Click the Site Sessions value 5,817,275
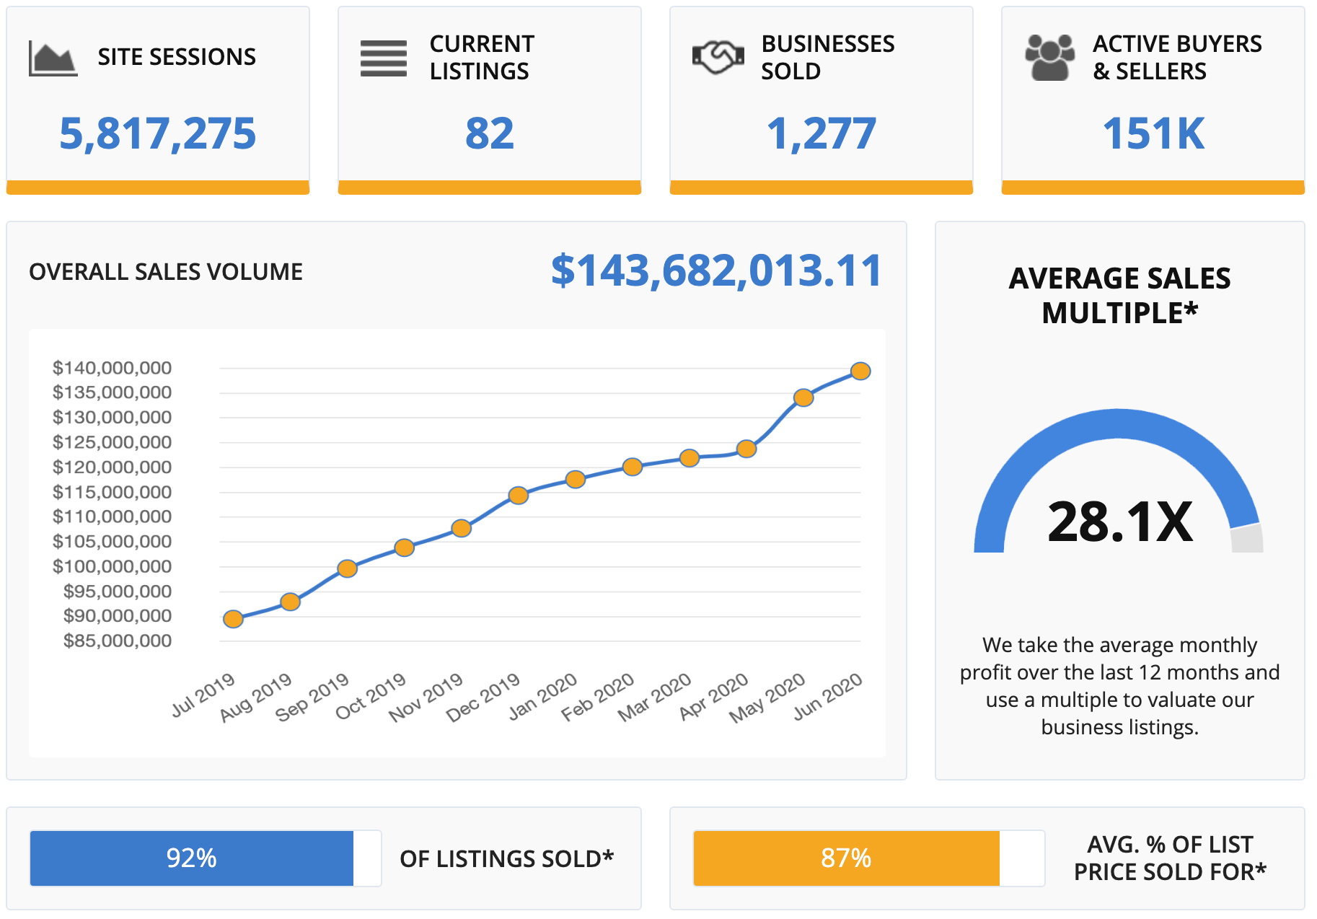pyautogui.click(x=157, y=134)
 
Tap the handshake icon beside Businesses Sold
pyautogui.click(x=718, y=57)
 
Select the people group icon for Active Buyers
pyautogui.click(x=1049, y=57)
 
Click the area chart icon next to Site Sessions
pyautogui.click(x=53, y=58)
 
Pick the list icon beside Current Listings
pyautogui.click(x=384, y=58)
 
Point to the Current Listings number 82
pyautogui.click(x=490, y=134)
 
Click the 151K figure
pyautogui.click(x=1153, y=134)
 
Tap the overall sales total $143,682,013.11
pyautogui.click(x=716, y=271)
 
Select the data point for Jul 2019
pyautogui.click(x=233, y=619)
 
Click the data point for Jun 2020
pyautogui.click(x=860, y=371)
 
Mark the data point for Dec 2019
pyautogui.click(x=518, y=495)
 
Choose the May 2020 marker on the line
pyautogui.click(x=803, y=397)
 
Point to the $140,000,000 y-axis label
pyautogui.click(x=112, y=368)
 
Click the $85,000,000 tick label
pyautogui.click(x=118, y=641)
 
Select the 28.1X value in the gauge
pyautogui.click(x=1120, y=521)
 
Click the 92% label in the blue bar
pyautogui.click(x=191, y=858)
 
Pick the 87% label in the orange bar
pyautogui.click(x=846, y=858)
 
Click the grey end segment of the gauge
pyautogui.click(x=1247, y=539)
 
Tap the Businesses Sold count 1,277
pyautogui.click(x=822, y=134)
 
